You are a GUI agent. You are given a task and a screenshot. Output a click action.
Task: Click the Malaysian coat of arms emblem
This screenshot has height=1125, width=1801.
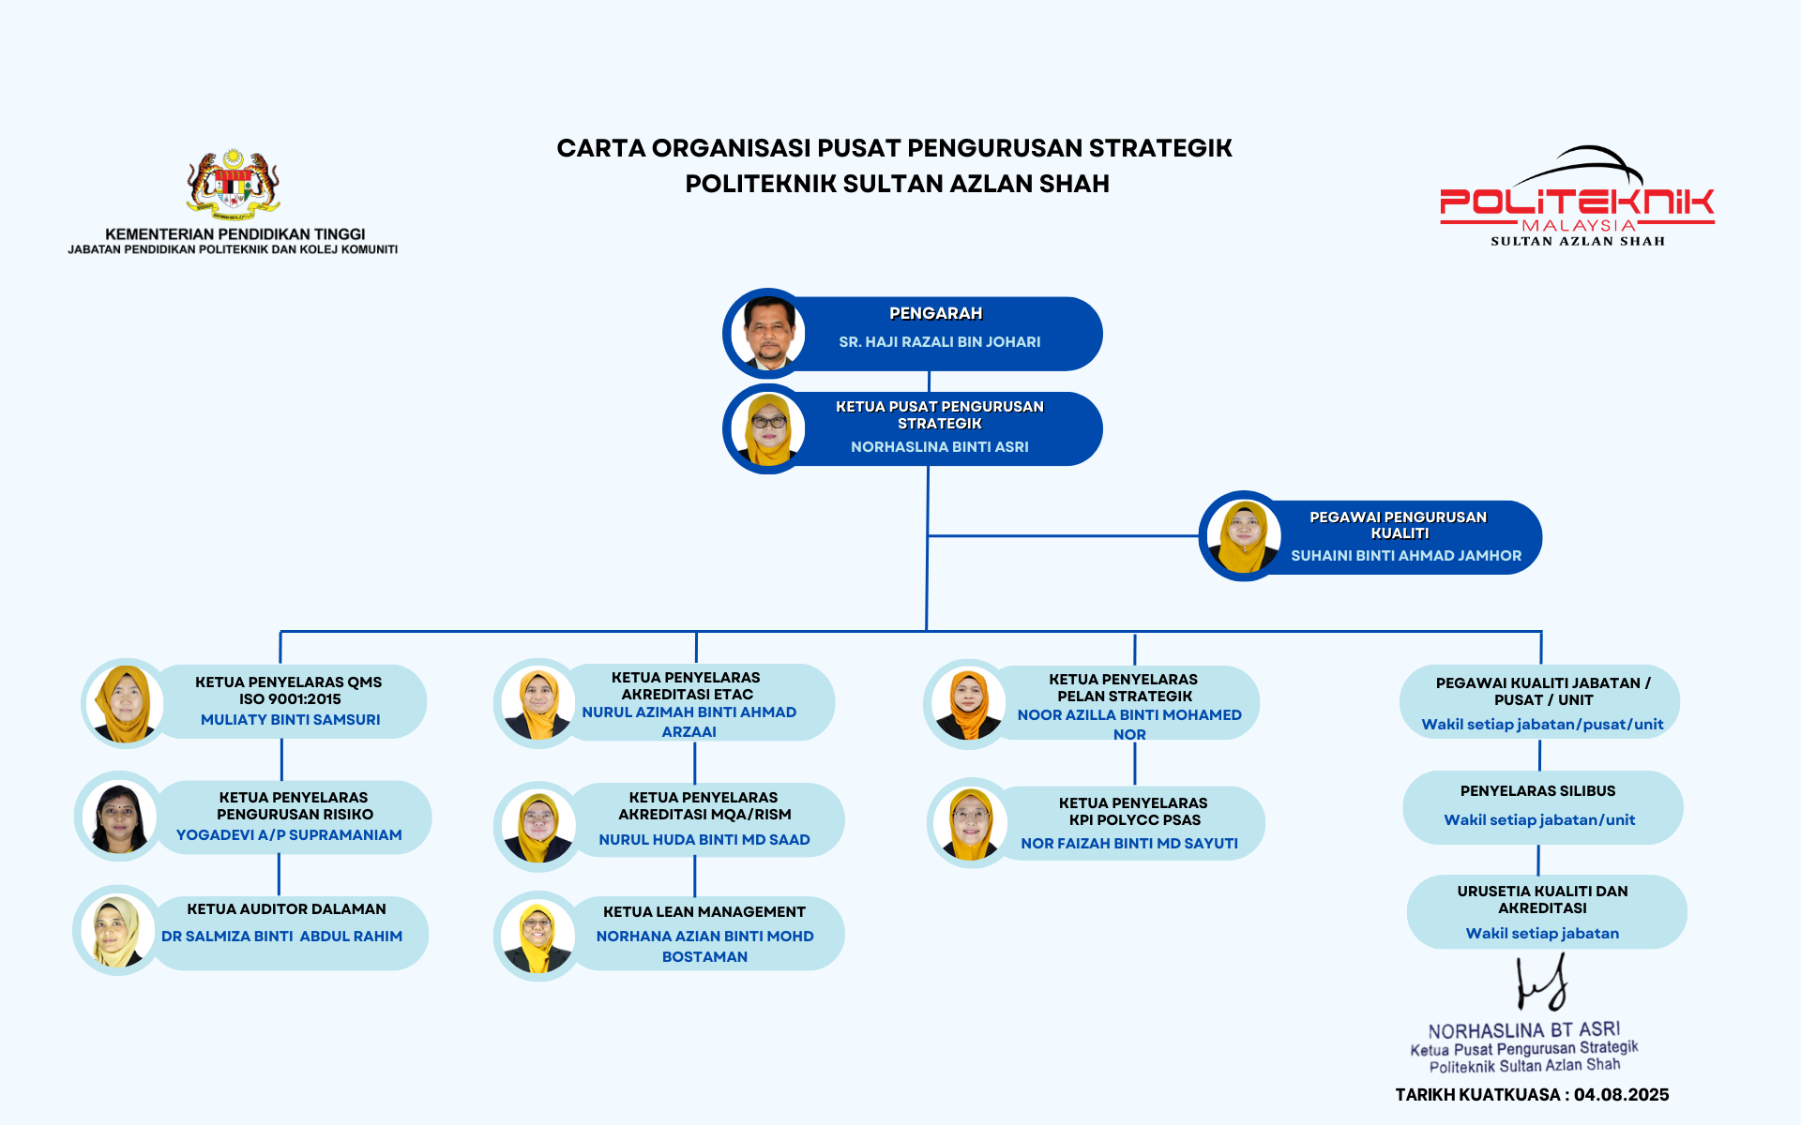click(x=233, y=184)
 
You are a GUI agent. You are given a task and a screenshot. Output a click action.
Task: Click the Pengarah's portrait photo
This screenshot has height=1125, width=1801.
click(x=768, y=333)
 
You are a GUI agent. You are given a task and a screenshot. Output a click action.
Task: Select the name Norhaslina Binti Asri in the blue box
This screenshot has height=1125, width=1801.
click(x=939, y=447)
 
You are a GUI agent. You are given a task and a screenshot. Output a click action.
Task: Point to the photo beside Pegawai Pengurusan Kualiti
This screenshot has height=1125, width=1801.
click(x=1243, y=536)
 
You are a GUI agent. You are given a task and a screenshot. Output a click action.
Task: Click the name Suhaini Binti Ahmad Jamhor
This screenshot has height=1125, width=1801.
click(x=1405, y=556)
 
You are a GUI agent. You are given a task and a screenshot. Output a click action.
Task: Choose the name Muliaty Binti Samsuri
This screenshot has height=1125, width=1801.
click(x=290, y=720)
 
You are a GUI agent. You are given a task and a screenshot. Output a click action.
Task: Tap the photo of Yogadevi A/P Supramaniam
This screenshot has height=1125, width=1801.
click(x=118, y=817)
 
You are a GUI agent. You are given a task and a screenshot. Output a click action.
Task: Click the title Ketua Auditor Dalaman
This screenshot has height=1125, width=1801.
click(x=286, y=909)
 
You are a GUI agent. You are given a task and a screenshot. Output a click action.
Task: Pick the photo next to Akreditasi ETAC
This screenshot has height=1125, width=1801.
click(x=537, y=703)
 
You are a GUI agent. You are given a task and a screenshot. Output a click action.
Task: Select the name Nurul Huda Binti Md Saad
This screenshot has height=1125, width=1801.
click(x=704, y=840)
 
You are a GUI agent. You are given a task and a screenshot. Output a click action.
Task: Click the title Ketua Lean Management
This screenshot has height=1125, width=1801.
click(x=704, y=912)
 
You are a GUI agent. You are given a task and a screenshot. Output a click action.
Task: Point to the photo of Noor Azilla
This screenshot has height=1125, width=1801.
click(x=967, y=704)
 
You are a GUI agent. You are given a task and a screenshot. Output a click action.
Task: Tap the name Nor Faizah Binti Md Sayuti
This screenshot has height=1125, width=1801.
click(x=1128, y=844)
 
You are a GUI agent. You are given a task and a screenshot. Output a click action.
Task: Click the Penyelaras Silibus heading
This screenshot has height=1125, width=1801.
click(x=1537, y=791)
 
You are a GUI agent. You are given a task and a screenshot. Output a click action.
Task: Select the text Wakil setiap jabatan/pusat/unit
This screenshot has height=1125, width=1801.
click(x=1541, y=725)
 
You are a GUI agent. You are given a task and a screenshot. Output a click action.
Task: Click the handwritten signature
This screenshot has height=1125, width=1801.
click(x=1541, y=982)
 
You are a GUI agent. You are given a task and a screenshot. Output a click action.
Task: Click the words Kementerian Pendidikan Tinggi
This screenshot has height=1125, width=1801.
click(x=235, y=234)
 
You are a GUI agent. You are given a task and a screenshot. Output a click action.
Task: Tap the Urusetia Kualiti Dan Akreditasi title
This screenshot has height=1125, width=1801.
click(x=1542, y=899)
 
